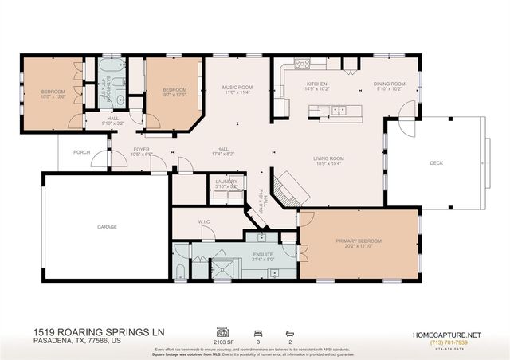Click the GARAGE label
[x=108, y=227]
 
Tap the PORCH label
[x=81, y=151]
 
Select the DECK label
[x=436, y=162]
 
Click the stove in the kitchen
[x=300, y=64]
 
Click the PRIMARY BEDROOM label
[x=359, y=241]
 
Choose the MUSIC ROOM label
[x=237, y=87]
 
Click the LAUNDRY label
[x=226, y=182]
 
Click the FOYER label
[x=141, y=147]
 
